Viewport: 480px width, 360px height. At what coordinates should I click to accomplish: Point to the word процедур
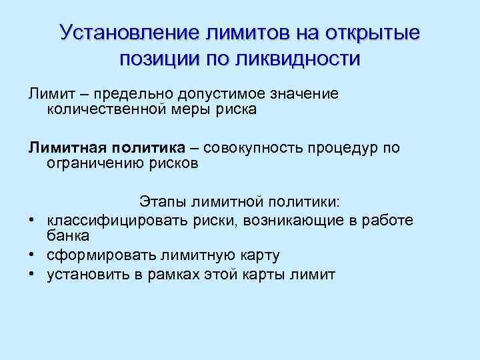pyautogui.click(x=347, y=147)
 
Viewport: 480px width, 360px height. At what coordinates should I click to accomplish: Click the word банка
pyautogui.click(x=68, y=236)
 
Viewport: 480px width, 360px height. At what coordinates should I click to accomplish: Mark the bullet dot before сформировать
pyautogui.click(x=32, y=255)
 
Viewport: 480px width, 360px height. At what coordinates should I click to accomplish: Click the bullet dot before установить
pyautogui.click(x=32, y=275)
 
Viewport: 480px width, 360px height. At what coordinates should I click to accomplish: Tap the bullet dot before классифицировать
pyautogui.click(x=32, y=220)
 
